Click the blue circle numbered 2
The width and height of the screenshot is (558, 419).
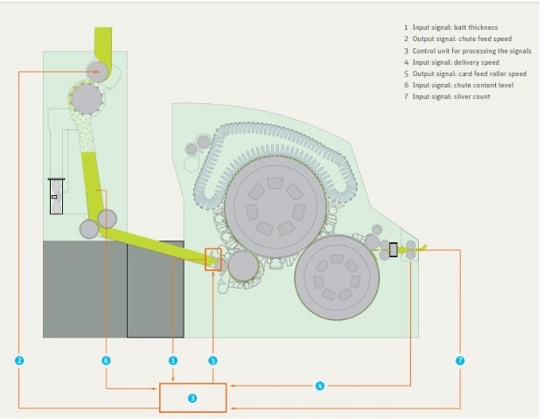[19, 360]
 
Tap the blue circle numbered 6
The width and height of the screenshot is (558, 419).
[106, 360]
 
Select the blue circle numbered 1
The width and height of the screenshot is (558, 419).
[173, 360]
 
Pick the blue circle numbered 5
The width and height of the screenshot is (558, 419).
[213, 360]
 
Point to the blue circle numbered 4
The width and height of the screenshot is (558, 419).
[320, 385]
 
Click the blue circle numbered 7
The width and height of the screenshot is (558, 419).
[460, 360]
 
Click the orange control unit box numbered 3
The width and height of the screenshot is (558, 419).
[192, 397]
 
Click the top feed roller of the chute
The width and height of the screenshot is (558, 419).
[97, 70]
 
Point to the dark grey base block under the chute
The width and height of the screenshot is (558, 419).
[85, 289]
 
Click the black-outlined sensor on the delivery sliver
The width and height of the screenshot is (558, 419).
[393, 250]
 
